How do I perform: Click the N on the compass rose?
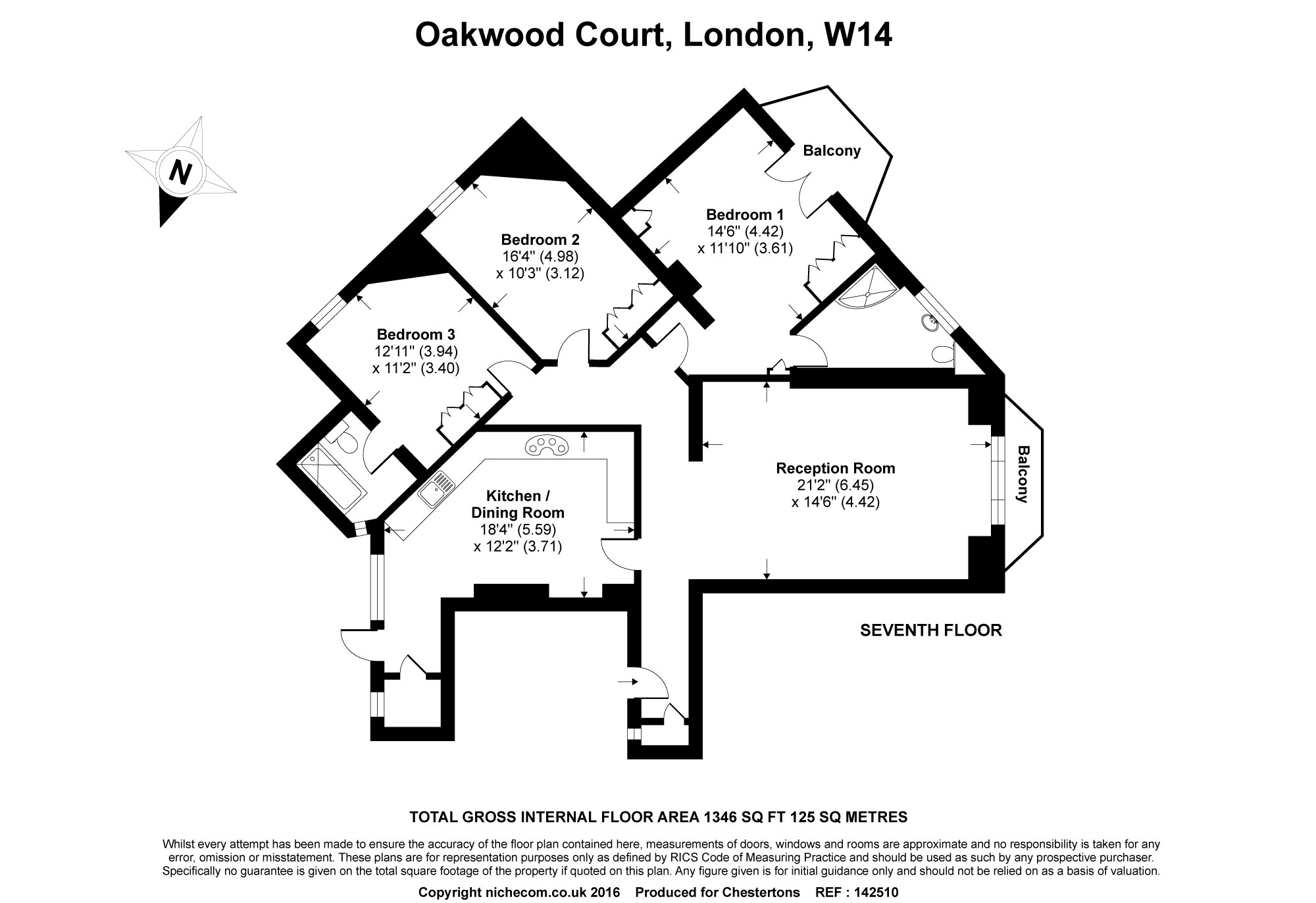click(179, 172)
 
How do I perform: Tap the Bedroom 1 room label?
click(745, 215)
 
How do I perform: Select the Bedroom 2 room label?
click(540, 239)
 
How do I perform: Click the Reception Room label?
click(836, 469)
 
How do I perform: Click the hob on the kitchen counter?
click(546, 447)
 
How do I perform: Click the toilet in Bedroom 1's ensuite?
click(942, 354)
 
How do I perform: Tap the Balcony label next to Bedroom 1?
click(832, 151)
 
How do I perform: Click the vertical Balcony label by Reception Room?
click(1023, 474)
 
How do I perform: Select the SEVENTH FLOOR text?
click(931, 631)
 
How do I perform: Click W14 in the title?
click(857, 35)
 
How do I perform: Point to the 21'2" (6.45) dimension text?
click(835, 486)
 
